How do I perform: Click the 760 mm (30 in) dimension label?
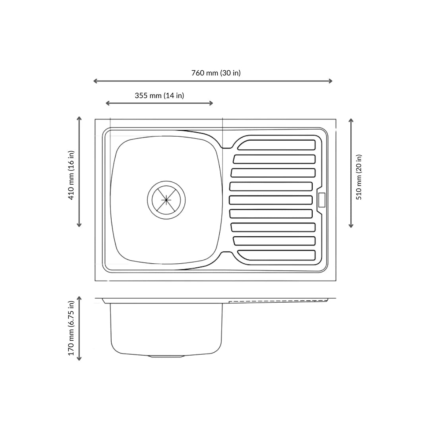[x=216, y=73]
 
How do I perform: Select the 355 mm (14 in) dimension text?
[x=159, y=95]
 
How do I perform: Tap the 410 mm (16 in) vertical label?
[x=71, y=175]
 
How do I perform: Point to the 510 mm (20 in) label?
[x=359, y=177]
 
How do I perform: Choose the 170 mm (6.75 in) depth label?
[x=71, y=328]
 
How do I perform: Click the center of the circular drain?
[x=166, y=199]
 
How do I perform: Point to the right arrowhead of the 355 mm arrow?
[x=211, y=103]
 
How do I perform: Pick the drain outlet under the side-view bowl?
[x=166, y=356]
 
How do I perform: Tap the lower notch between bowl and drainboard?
[x=226, y=253]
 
